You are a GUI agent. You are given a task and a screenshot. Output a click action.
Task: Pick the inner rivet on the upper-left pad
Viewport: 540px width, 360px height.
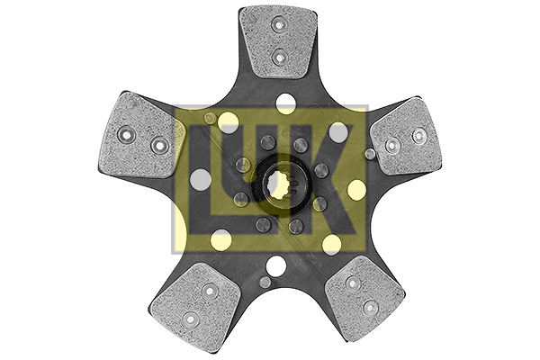pos(160,145)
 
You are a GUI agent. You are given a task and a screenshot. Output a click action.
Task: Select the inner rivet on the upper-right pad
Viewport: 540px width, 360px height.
pos(390,145)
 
